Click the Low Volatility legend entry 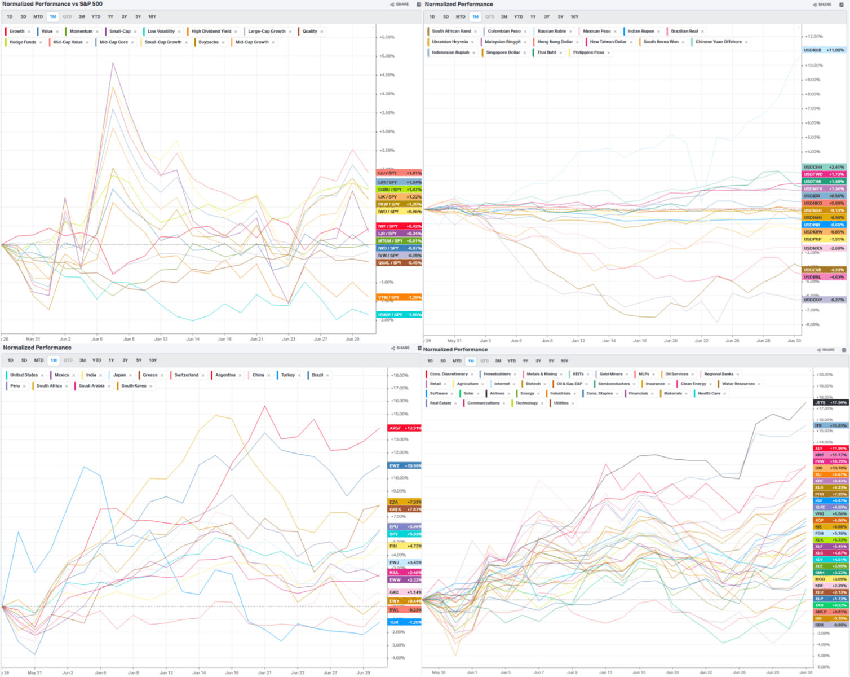161,32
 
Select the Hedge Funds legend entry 23,42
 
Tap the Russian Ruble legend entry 551,32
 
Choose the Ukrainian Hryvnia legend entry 450,42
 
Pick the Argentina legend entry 225,375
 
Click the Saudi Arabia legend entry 91,386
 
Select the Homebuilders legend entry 497,374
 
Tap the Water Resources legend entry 738,384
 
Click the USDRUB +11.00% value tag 824,50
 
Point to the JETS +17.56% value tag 830,403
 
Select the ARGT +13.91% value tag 405,428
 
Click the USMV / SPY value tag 399,315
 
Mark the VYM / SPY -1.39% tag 399,297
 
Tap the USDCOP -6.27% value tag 824,300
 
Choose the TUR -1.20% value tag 405,622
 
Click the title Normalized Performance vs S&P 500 52,4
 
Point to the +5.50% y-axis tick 387,37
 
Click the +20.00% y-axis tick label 825,375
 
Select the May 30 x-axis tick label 439,672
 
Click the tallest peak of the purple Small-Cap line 113,63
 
